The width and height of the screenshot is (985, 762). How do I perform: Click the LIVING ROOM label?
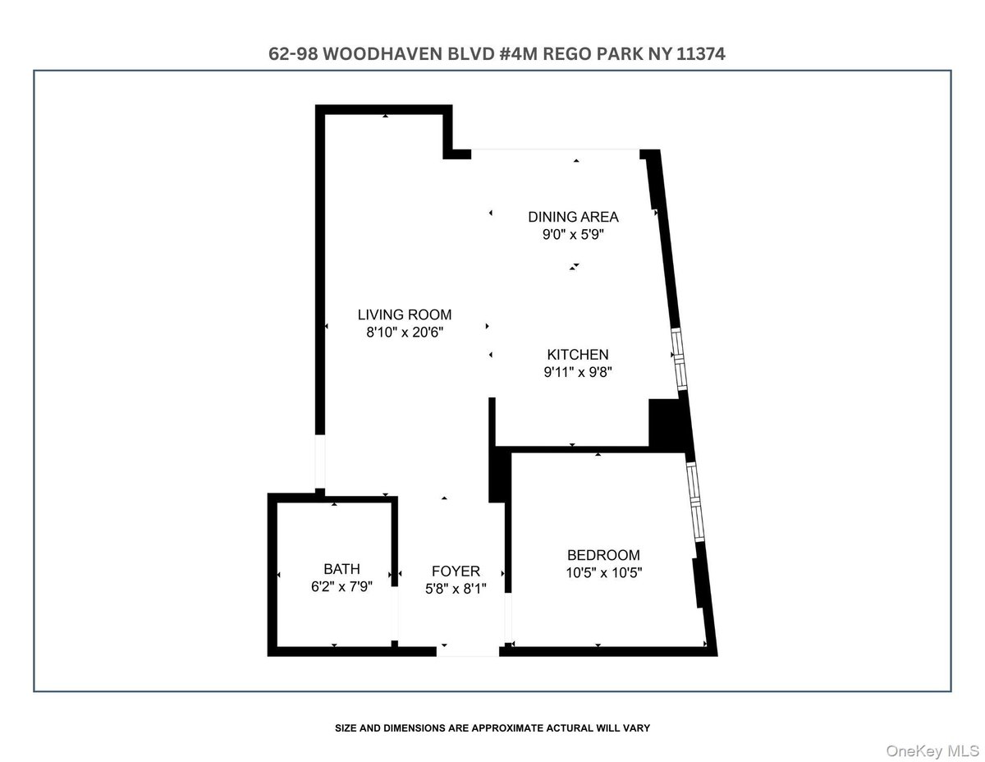pyautogui.click(x=405, y=314)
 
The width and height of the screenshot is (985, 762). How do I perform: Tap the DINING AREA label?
pyautogui.click(x=573, y=217)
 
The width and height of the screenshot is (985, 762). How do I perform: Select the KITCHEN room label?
pyautogui.click(x=578, y=355)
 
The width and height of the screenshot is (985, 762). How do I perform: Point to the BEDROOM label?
pyautogui.click(x=603, y=555)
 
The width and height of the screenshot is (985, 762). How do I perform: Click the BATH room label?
pyautogui.click(x=341, y=569)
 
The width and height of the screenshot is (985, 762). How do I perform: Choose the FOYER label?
pyautogui.click(x=456, y=571)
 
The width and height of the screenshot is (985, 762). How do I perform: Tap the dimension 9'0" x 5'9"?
pyautogui.click(x=573, y=234)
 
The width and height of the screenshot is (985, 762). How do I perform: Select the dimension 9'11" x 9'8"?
pyautogui.click(x=578, y=372)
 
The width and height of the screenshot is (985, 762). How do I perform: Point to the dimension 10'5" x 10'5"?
pyautogui.click(x=603, y=572)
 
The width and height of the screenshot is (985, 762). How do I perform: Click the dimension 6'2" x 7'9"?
pyautogui.click(x=341, y=586)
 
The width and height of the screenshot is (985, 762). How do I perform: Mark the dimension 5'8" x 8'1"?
pyautogui.click(x=456, y=589)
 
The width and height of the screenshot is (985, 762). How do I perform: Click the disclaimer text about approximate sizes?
pyautogui.click(x=492, y=728)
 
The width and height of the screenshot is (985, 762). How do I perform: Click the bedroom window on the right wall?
pyautogui.click(x=694, y=500)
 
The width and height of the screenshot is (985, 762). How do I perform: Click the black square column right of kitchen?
pyautogui.click(x=666, y=423)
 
